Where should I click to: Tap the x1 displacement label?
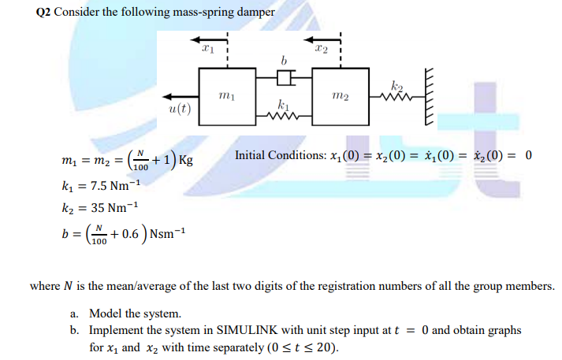pyautogui.click(x=208, y=48)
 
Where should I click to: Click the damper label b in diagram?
pyautogui.click(x=284, y=60)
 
